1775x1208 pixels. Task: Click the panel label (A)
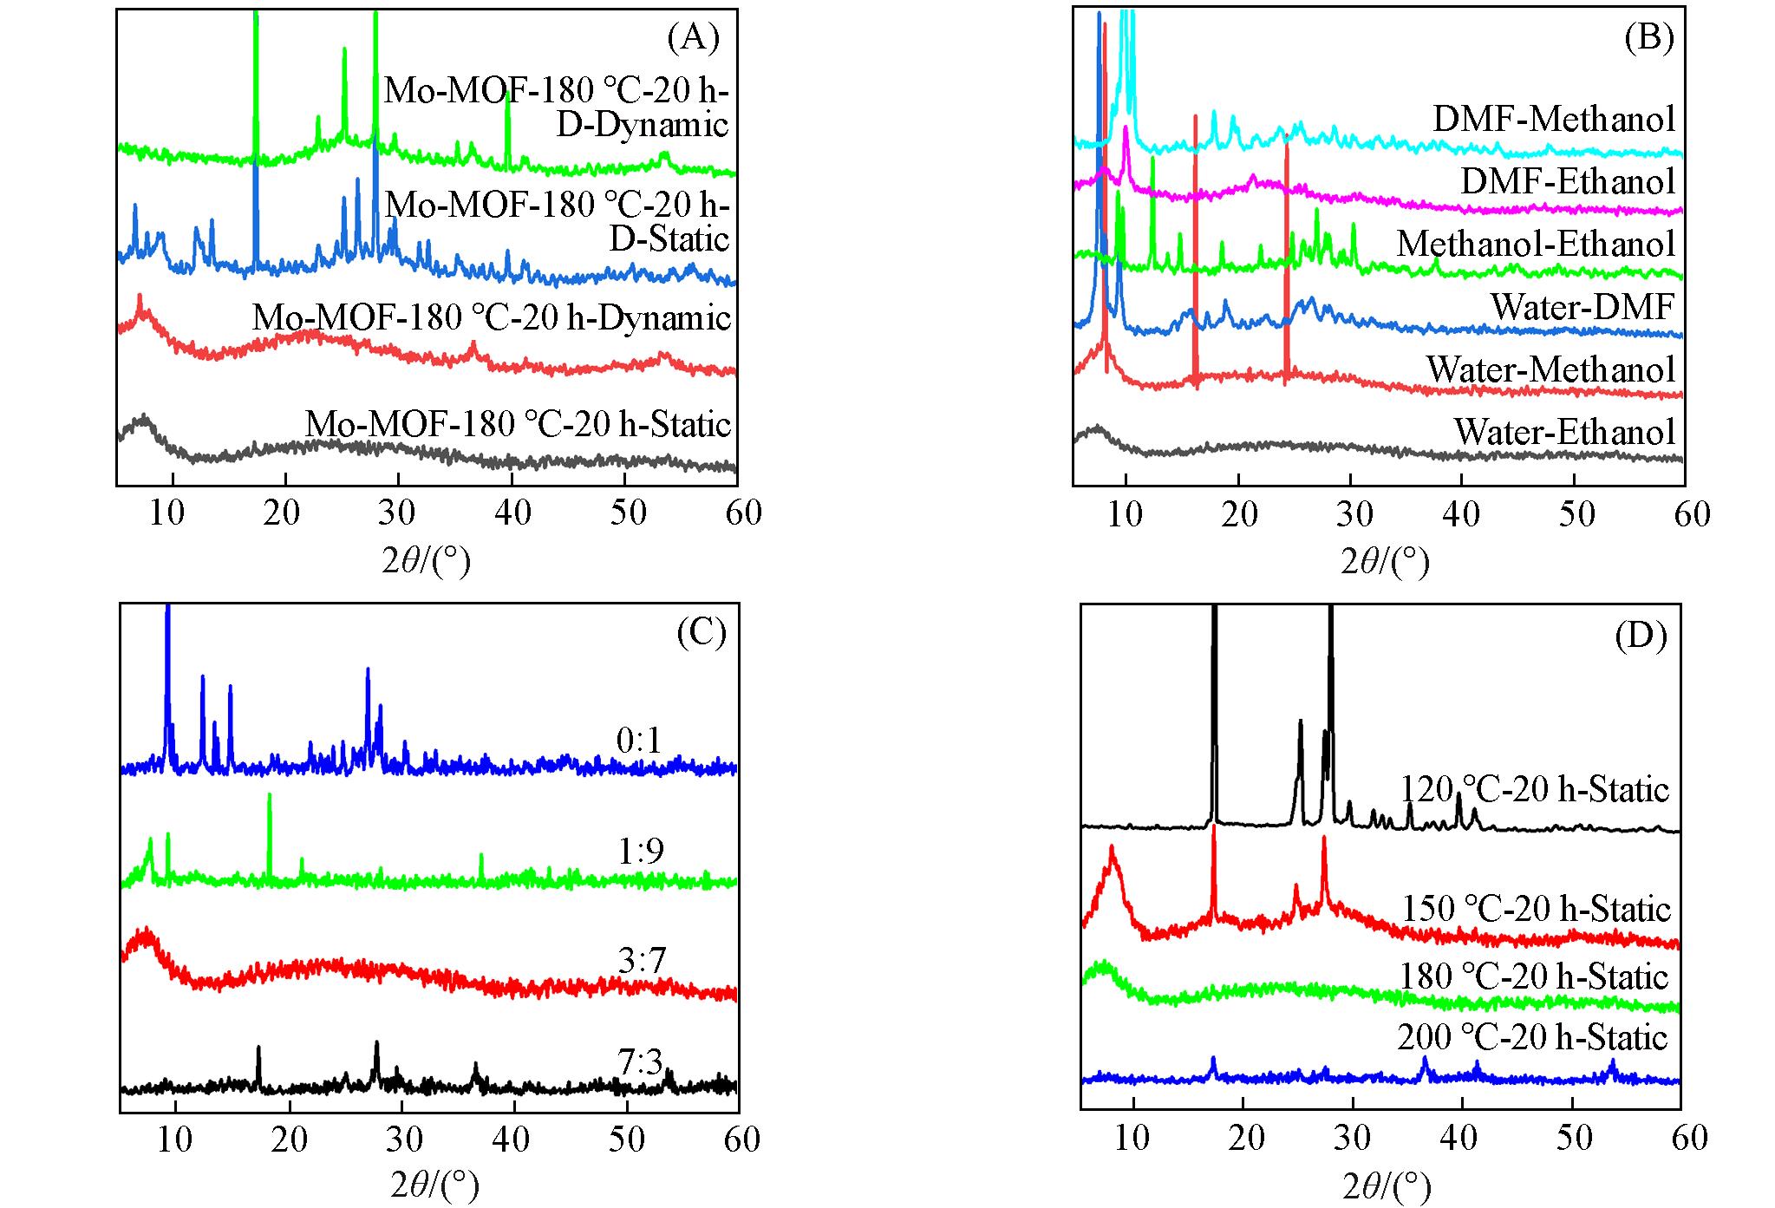tap(693, 39)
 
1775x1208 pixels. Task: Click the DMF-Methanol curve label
tap(1553, 120)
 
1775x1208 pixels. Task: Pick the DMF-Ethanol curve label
tap(1568, 182)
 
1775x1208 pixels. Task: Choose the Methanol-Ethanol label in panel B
tap(1536, 245)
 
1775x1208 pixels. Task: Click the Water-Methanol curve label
tap(1550, 370)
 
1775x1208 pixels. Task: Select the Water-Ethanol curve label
tap(1564, 432)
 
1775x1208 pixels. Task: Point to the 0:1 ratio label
tap(639, 741)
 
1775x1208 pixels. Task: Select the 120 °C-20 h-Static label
tap(1535, 790)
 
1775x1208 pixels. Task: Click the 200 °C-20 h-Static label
tap(1532, 1038)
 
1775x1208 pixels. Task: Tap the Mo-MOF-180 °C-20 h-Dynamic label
tap(492, 318)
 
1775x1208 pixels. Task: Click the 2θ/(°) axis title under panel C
tap(431, 1184)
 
